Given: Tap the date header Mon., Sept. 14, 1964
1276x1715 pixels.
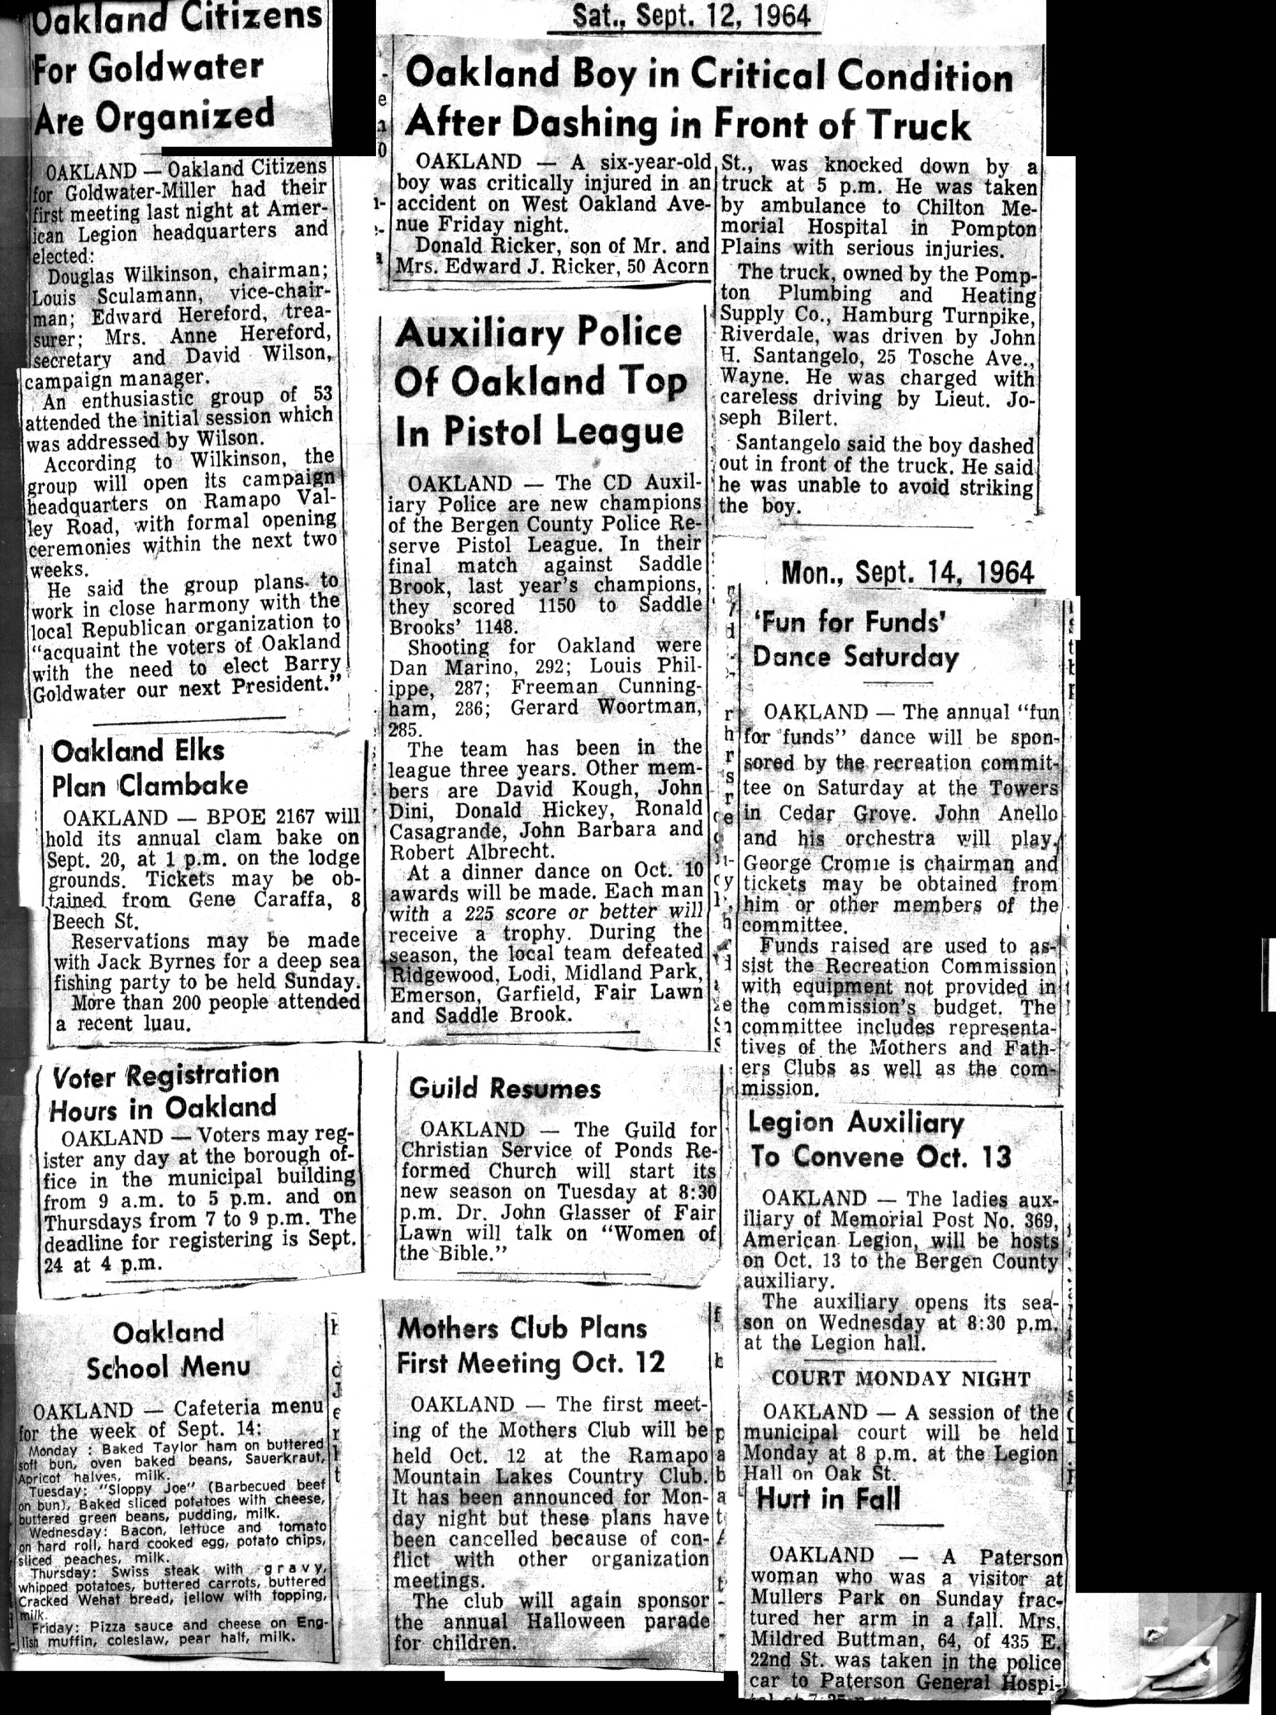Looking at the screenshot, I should tap(907, 573).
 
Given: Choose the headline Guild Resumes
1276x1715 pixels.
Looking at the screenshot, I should tap(505, 1089).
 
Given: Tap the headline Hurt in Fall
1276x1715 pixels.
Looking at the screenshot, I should tap(828, 1499).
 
